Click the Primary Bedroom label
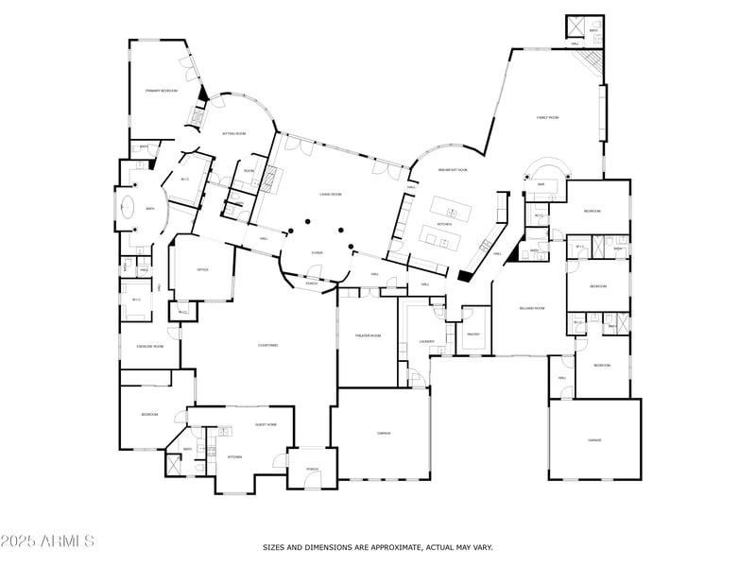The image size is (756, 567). click(x=162, y=91)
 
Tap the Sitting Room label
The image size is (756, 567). click(x=233, y=133)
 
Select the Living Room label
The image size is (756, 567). click(x=330, y=194)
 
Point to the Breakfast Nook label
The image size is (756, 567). click(x=454, y=170)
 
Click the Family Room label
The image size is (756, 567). click(x=548, y=117)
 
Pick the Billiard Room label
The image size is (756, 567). click(x=532, y=308)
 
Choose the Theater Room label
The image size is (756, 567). click(x=368, y=335)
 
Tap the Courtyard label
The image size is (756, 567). click(x=267, y=345)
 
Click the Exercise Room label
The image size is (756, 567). click(x=150, y=347)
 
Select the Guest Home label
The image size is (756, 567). click(x=266, y=424)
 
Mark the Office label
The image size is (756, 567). click(x=202, y=269)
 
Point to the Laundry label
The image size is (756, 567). click(x=426, y=341)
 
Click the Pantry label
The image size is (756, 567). click(x=473, y=334)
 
